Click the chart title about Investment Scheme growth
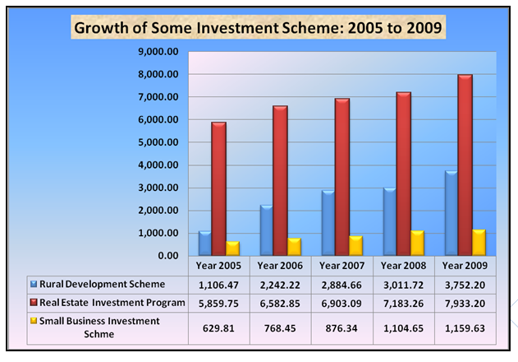[x=259, y=28]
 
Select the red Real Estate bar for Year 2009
[x=465, y=165]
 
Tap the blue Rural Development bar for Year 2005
[x=205, y=243]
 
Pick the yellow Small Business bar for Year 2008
[x=418, y=243]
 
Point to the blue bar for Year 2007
[x=328, y=223]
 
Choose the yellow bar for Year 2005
[x=231, y=248]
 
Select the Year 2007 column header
[x=342, y=266]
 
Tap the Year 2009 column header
[x=466, y=266]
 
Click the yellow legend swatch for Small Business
[x=33, y=322]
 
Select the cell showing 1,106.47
[x=218, y=284]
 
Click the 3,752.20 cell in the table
[x=466, y=284]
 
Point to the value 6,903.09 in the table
[x=342, y=303]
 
